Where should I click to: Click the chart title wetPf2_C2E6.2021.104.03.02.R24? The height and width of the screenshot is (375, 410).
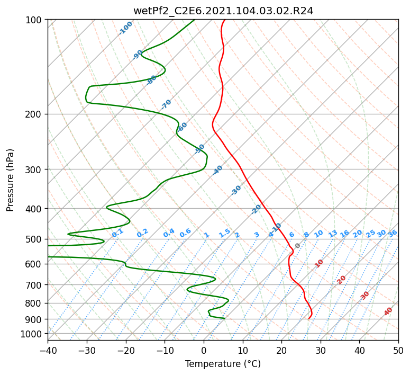[x=223, y=11]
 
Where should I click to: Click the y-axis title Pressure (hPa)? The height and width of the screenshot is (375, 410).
[x=10, y=180]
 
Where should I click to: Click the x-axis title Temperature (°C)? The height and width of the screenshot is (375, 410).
[x=223, y=364]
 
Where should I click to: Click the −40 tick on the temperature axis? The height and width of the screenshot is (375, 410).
[x=48, y=350]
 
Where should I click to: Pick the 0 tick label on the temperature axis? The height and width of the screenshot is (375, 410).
[x=204, y=350]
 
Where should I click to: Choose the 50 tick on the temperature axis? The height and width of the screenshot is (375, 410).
[x=398, y=350]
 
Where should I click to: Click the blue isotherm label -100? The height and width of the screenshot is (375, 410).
[x=125, y=28]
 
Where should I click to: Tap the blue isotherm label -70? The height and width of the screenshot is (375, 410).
[x=166, y=104]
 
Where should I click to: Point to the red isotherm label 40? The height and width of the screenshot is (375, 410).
[x=388, y=311]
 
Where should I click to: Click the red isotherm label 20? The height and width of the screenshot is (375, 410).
[x=341, y=280]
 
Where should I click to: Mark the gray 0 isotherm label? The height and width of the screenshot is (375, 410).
[x=297, y=246]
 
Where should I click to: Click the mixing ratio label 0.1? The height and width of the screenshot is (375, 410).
[x=117, y=233]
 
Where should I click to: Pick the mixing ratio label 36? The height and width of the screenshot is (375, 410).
[x=393, y=234]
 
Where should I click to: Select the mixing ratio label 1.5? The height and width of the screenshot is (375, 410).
[x=225, y=233]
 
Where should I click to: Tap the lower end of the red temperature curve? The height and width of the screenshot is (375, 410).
[x=309, y=319]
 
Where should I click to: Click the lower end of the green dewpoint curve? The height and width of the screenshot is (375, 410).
[x=225, y=318]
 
